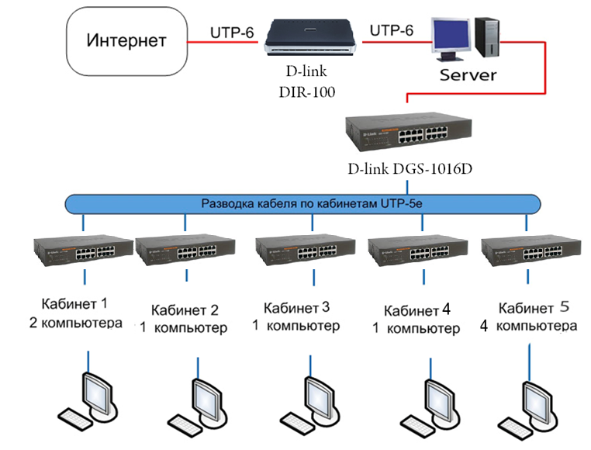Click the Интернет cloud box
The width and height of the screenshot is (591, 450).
(x=126, y=40)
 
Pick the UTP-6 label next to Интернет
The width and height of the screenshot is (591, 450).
(x=230, y=33)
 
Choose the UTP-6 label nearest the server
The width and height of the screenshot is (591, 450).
(x=392, y=31)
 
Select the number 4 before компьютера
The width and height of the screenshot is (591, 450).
(x=484, y=326)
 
